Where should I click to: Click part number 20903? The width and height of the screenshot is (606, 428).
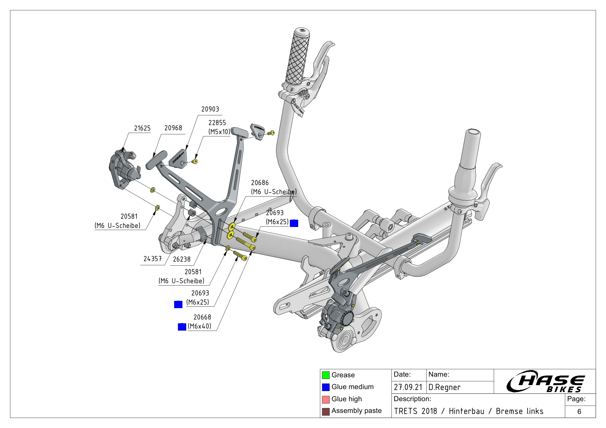click(210, 109)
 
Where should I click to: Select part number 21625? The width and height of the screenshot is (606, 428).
click(142, 128)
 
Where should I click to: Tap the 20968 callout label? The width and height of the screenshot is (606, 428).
click(173, 128)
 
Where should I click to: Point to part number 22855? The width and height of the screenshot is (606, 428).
click(217, 123)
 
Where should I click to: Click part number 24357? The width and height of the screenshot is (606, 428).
click(152, 259)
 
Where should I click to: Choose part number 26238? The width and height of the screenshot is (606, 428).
click(181, 259)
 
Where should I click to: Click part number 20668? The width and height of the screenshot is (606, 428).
click(202, 317)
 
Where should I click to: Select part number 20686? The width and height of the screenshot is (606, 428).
click(259, 183)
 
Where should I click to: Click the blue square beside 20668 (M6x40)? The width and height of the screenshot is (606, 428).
click(182, 326)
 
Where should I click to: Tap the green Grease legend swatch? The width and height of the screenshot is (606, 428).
click(325, 375)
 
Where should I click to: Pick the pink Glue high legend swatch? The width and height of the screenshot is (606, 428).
click(325, 399)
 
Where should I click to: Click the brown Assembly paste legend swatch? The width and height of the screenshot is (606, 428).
click(325, 411)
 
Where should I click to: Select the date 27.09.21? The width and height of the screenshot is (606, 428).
click(408, 387)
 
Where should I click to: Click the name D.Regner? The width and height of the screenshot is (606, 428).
click(444, 387)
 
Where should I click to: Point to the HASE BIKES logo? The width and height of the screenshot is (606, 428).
click(546, 382)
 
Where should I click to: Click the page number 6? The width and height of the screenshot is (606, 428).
click(579, 411)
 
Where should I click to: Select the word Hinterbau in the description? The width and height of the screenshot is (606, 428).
click(466, 411)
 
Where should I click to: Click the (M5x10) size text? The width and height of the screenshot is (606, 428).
click(219, 132)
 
